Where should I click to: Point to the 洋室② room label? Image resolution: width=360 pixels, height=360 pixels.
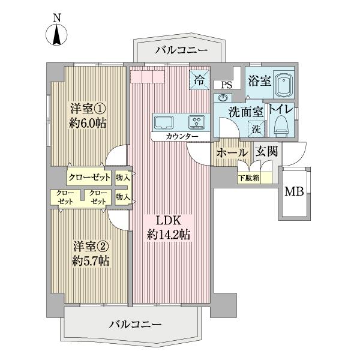click(88, 245)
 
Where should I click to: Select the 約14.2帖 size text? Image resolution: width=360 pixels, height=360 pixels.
click(169, 235)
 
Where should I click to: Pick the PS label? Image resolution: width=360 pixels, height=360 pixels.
click(226, 85)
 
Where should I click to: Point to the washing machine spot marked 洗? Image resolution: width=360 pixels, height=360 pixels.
click(256, 127)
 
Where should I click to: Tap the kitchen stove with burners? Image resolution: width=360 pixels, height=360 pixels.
click(197, 122)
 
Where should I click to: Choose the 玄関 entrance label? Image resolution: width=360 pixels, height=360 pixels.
click(266, 152)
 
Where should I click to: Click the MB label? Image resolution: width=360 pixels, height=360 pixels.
click(293, 192)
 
